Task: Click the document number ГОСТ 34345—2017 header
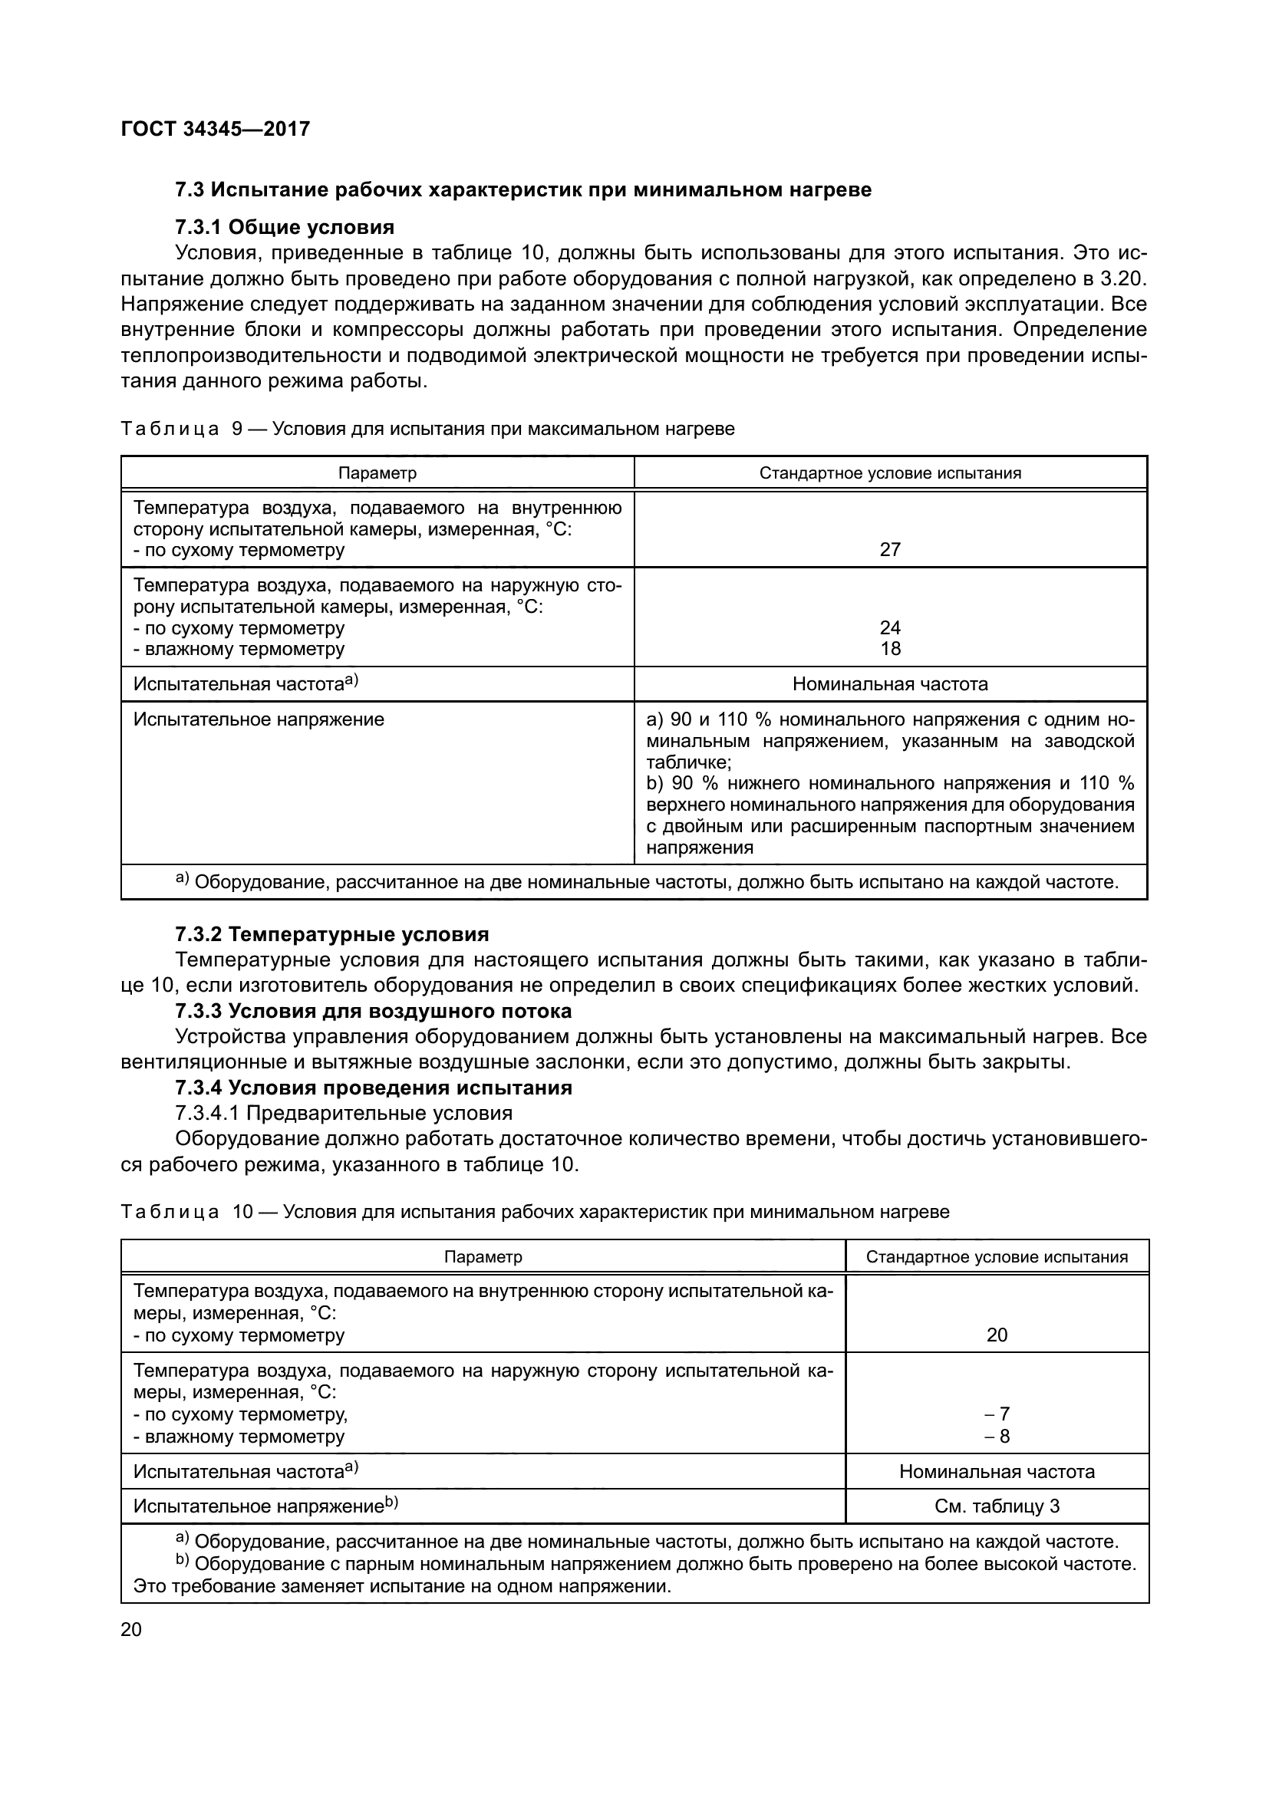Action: click(x=216, y=129)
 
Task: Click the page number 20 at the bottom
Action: click(x=131, y=1629)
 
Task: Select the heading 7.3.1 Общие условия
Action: click(x=285, y=227)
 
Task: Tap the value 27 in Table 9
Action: click(x=890, y=549)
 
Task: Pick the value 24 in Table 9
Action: click(x=890, y=627)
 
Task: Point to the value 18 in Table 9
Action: click(x=890, y=649)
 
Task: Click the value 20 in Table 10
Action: click(x=997, y=1335)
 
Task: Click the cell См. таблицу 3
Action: click(x=997, y=1506)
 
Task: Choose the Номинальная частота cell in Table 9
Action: click(x=890, y=684)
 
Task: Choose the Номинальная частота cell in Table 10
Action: click(x=997, y=1471)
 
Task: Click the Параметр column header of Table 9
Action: click(x=377, y=473)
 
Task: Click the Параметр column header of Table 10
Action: click(x=483, y=1257)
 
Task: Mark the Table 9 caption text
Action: click(x=427, y=429)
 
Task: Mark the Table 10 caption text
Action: click(x=536, y=1212)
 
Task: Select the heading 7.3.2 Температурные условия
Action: click(x=332, y=934)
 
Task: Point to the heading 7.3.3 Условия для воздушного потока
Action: click(x=374, y=1011)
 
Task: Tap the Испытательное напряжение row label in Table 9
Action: click(x=259, y=719)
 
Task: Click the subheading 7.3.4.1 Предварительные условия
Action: click(x=344, y=1114)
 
